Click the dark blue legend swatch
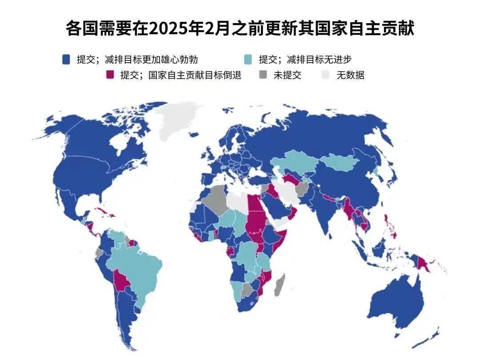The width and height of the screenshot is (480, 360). (67, 59)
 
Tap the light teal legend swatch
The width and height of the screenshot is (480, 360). (249, 59)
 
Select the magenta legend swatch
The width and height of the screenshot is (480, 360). (110, 75)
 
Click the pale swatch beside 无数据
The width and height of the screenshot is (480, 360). (326, 75)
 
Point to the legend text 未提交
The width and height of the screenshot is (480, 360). (287, 75)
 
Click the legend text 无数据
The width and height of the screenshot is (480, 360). (350, 75)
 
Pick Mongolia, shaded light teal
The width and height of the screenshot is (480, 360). (340, 163)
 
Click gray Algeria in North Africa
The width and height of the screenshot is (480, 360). (216, 200)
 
